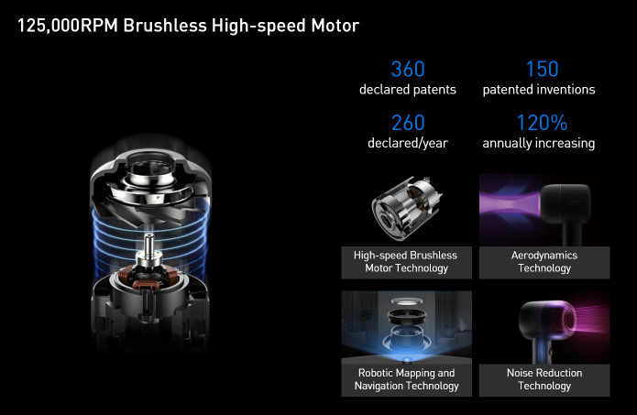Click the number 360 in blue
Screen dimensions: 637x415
[408, 69]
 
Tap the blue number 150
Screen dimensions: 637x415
[543, 69]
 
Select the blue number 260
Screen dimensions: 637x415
[408, 123]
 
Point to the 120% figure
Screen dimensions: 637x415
[542, 123]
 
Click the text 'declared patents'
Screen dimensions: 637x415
[408, 90]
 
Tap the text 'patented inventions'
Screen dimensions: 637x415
[539, 90]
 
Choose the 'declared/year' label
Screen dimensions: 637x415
[408, 143]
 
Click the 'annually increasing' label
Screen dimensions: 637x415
[539, 143]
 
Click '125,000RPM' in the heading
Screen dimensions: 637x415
[68, 26]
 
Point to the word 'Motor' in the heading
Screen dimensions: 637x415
[335, 26]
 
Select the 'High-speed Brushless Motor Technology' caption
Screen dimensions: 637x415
[406, 261]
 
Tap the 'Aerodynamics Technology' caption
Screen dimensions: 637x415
[544, 261]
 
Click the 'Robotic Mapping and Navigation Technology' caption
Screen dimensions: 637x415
[406, 379]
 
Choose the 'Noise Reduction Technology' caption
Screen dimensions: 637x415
[544, 379]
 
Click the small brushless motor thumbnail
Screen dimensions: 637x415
[406, 209]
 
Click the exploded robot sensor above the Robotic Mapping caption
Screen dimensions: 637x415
[406, 329]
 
